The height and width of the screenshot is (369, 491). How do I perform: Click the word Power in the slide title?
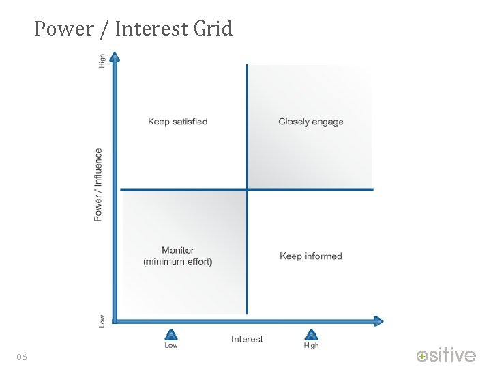click(x=63, y=29)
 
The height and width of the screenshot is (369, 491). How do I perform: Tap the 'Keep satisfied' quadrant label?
click(x=177, y=122)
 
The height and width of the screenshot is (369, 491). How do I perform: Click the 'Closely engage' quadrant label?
click(x=311, y=122)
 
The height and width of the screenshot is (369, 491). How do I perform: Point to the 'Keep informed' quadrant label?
click(x=311, y=256)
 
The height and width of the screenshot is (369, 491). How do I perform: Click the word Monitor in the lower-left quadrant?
click(x=177, y=250)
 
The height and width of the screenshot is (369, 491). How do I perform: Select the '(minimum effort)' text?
click(x=177, y=262)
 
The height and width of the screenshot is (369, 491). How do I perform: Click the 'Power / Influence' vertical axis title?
click(x=99, y=184)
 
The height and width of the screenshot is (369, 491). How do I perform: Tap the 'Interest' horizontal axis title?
click(x=247, y=339)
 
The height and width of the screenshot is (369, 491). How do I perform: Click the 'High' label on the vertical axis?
click(x=102, y=61)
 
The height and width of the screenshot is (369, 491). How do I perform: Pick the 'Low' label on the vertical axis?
click(x=102, y=320)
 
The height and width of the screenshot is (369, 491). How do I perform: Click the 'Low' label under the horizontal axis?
click(x=171, y=346)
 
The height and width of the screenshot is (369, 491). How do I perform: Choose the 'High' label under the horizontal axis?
click(x=311, y=346)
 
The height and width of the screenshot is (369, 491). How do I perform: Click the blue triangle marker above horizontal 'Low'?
click(x=171, y=335)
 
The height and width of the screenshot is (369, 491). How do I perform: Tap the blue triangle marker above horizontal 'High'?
click(x=311, y=335)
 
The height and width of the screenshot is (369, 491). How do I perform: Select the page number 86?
click(x=22, y=357)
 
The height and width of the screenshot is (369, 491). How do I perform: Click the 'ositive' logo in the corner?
click(x=447, y=355)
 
